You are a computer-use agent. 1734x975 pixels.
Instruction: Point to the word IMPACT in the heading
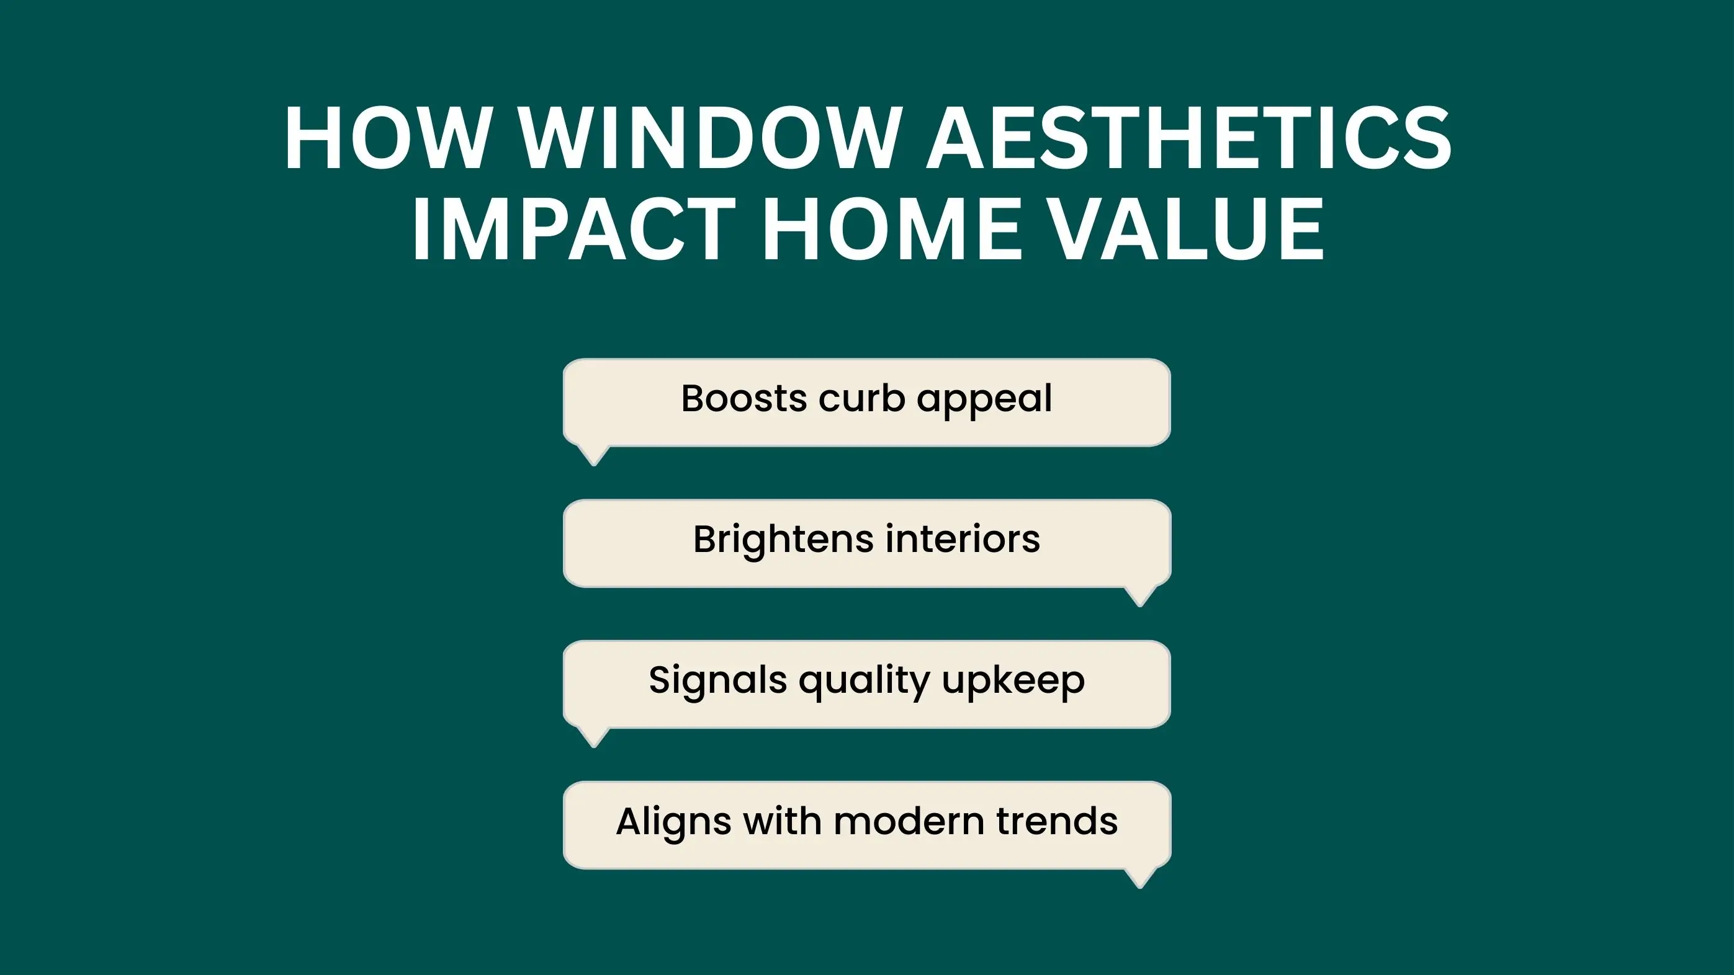(573, 228)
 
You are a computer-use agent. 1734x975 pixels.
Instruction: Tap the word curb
(861, 398)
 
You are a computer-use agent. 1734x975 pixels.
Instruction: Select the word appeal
(984, 401)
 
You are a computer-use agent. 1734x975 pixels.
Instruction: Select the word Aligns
(674, 823)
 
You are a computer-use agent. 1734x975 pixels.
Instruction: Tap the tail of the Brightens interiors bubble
(1139, 596)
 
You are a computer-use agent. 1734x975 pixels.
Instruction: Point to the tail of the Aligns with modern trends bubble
(1139, 878)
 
